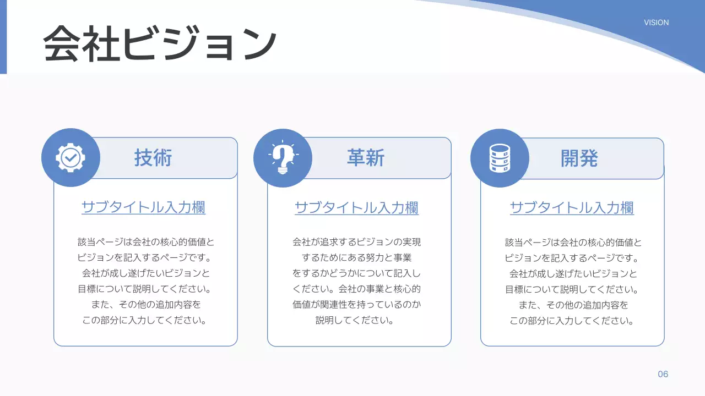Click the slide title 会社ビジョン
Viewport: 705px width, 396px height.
[x=160, y=43]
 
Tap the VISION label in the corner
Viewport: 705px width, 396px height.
[x=656, y=23]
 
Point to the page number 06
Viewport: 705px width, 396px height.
[x=663, y=374]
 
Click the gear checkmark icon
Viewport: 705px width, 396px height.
[x=70, y=158]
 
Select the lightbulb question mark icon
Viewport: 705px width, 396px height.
[x=283, y=158]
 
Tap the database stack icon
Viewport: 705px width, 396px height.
[x=500, y=158]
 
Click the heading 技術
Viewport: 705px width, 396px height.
[x=153, y=158]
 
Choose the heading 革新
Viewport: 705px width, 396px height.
[x=366, y=158]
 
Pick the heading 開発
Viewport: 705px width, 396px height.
[x=579, y=158]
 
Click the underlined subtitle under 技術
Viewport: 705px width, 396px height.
[x=143, y=207]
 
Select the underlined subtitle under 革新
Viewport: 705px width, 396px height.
[x=356, y=208]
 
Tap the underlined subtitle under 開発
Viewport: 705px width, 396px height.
[x=572, y=208]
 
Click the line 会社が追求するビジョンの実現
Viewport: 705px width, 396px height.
[x=356, y=242]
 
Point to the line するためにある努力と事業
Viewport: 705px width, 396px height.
[x=356, y=257]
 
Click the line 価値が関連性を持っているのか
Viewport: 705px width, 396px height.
[x=356, y=304]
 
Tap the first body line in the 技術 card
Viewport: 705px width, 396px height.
[x=146, y=242]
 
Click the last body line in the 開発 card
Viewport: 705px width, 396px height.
[x=572, y=321]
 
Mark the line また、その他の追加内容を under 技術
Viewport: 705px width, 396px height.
[x=145, y=304]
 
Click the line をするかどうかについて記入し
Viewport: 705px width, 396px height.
[x=356, y=273]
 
